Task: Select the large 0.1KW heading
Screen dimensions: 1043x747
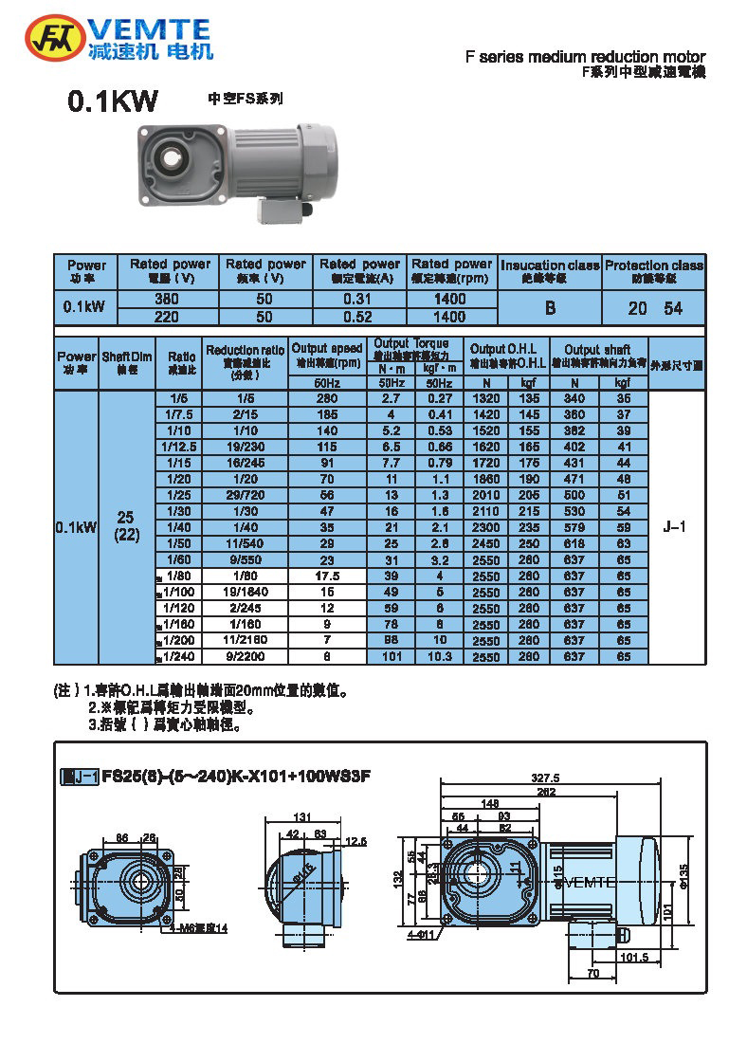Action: tap(113, 102)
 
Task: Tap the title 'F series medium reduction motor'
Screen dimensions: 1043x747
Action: tap(585, 57)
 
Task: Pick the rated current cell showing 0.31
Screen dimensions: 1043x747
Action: tap(359, 299)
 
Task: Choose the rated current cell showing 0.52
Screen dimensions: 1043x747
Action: tap(359, 317)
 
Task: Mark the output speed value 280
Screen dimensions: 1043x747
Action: tap(327, 399)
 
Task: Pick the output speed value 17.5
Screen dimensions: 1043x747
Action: tap(327, 576)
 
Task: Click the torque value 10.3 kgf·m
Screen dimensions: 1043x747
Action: tap(439, 656)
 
